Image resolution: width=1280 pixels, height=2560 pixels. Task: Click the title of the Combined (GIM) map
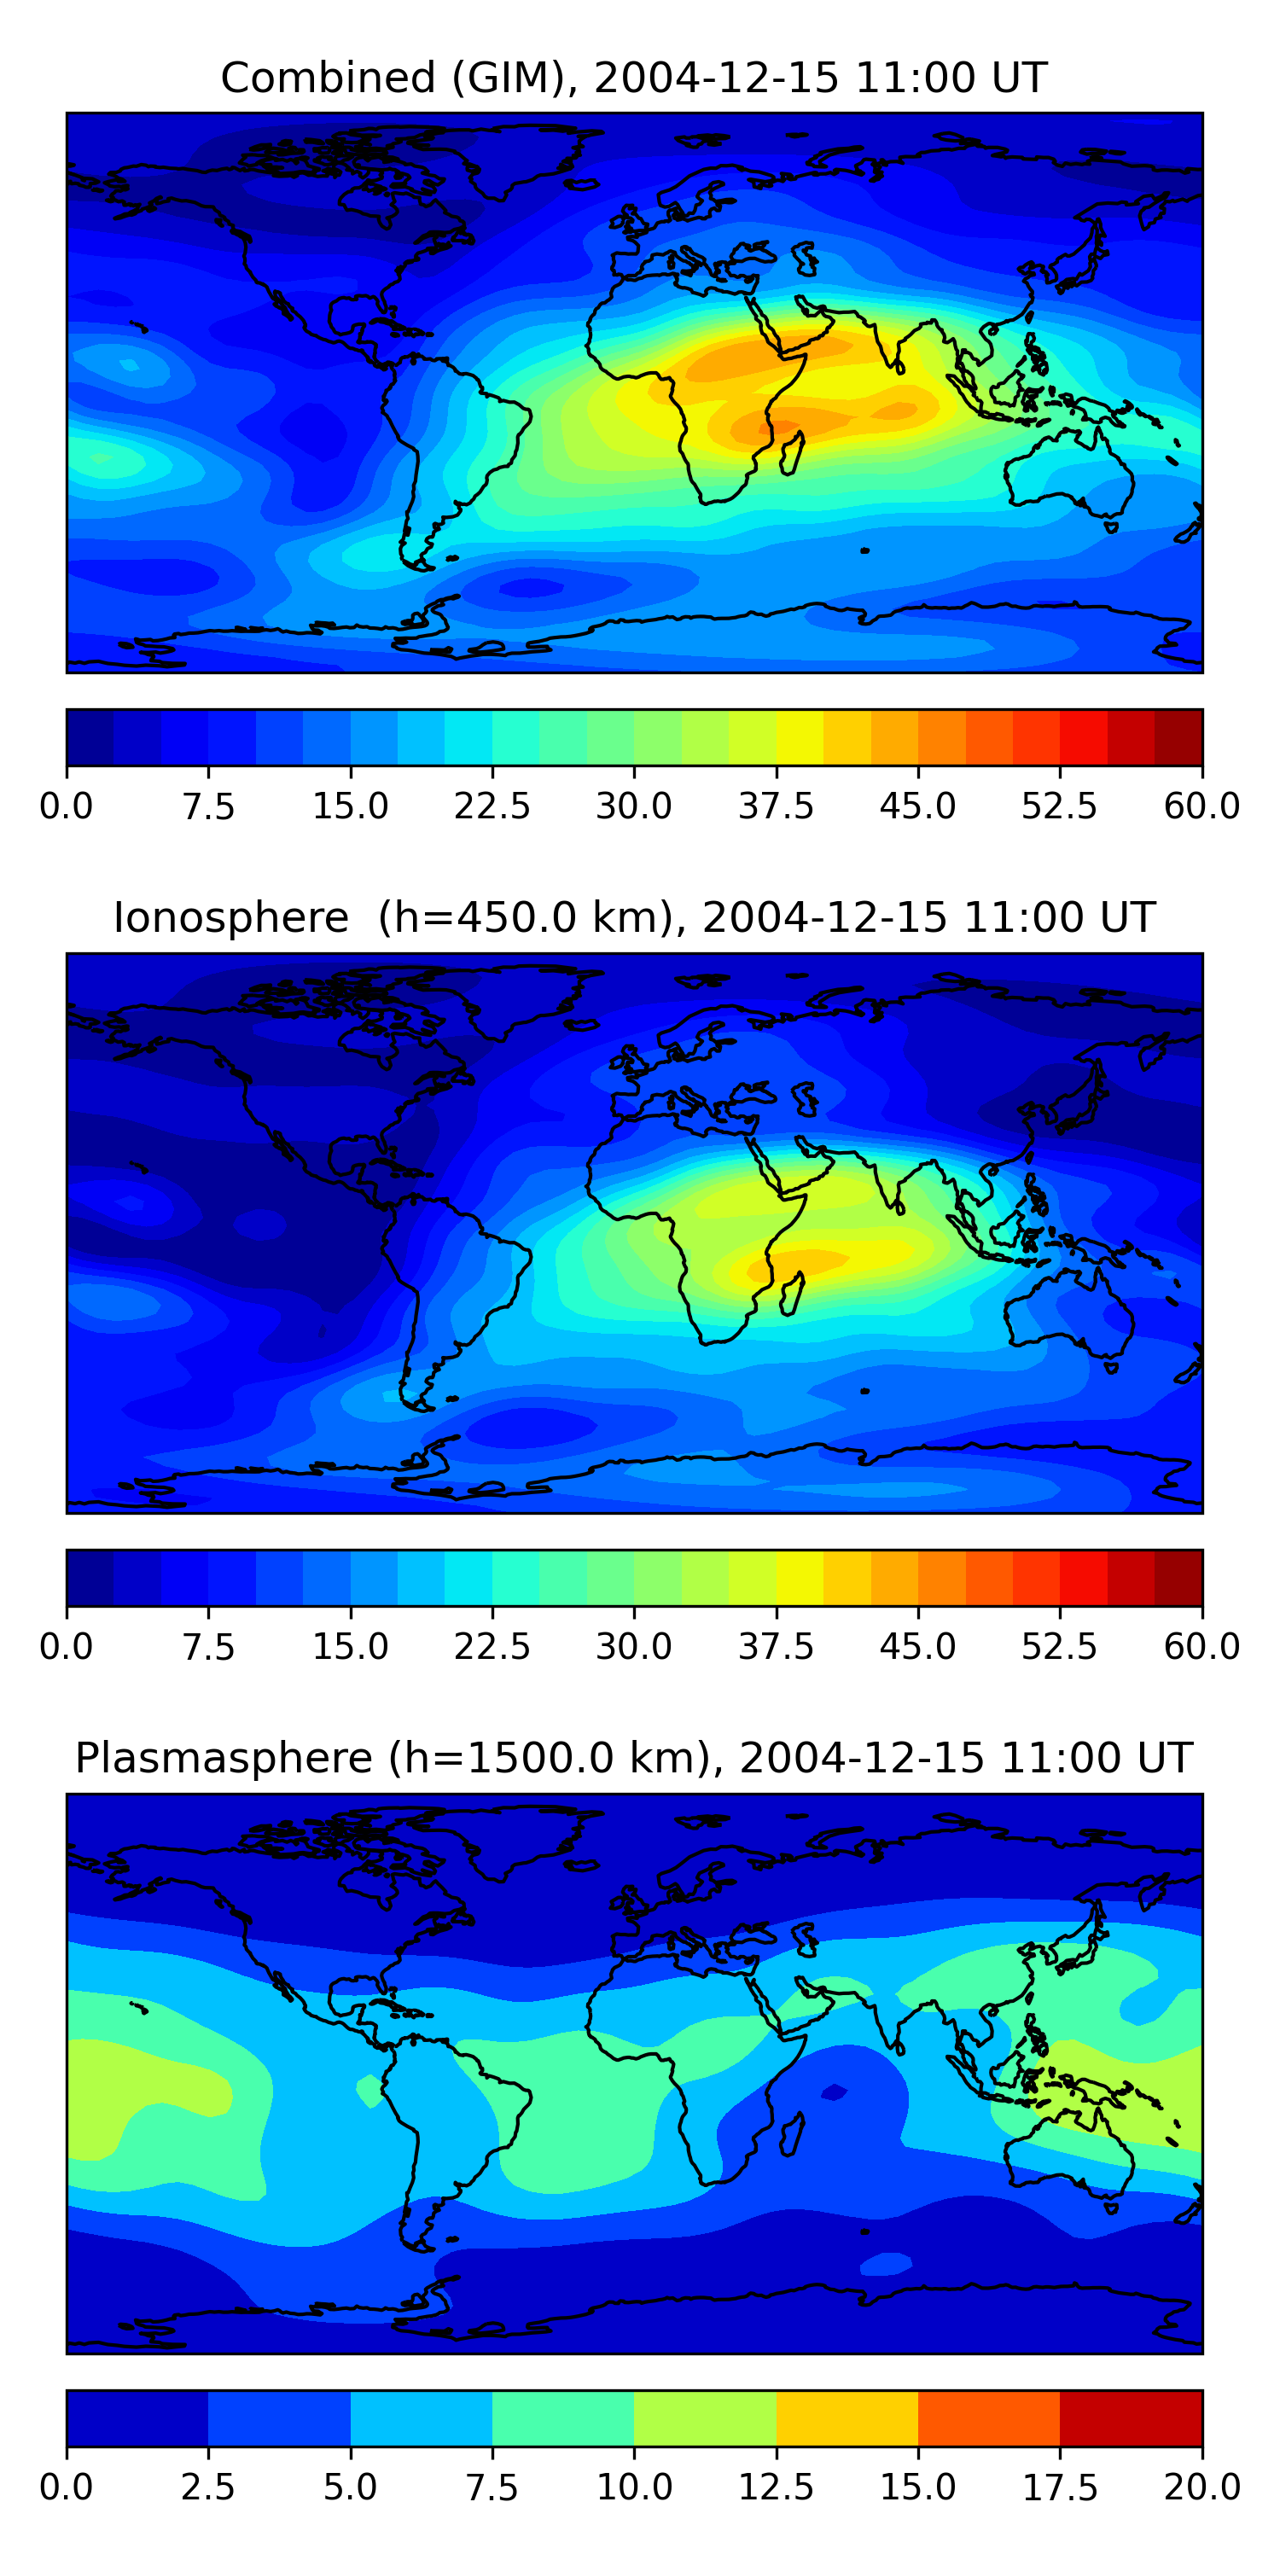[634, 78]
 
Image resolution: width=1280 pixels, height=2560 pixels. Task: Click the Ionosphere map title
[634, 917]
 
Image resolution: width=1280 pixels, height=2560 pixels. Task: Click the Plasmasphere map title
[634, 1758]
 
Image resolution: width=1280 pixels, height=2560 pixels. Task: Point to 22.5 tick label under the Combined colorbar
[492, 806]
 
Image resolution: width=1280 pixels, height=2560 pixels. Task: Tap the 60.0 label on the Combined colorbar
[1201, 806]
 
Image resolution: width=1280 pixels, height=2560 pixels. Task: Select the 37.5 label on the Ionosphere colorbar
[775, 1647]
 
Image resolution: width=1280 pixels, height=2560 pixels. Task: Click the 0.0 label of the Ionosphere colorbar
[67, 1647]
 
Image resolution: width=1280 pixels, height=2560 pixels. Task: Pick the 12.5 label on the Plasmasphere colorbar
[775, 2487]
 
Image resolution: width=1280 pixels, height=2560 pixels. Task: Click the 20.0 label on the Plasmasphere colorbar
[1201, 2487]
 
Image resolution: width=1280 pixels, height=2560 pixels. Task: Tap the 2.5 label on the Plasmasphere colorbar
[207, 2487]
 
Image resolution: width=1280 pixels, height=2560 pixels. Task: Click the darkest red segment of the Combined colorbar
[1178, 737]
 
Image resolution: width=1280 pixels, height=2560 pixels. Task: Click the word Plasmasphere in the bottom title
[224, 1758]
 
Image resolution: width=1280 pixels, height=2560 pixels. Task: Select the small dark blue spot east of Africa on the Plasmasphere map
[833, 2093]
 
